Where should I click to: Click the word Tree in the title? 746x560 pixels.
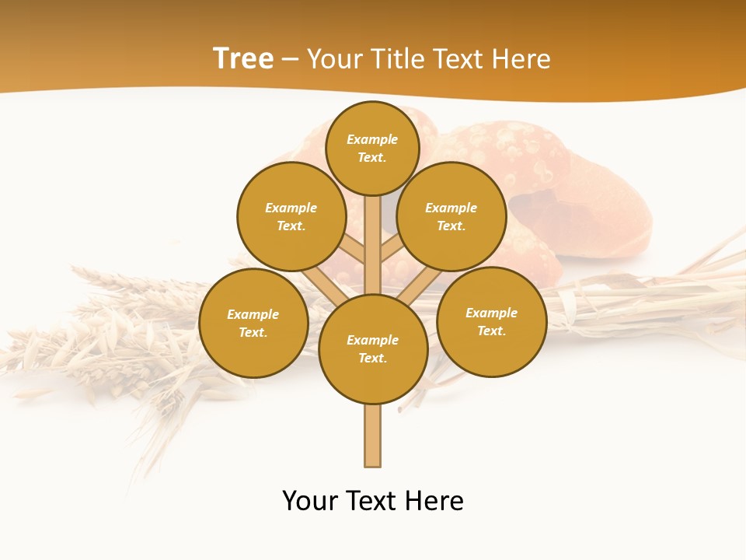pos(243,59)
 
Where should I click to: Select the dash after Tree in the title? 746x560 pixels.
pos(290,60)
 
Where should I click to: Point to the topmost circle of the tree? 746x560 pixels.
pos(372,148)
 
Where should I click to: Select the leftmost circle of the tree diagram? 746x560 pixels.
pos(253,324)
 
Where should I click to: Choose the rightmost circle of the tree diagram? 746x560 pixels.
pos(492,322)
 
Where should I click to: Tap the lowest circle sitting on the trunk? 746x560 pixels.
pos(373,349)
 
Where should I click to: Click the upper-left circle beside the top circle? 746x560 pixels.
pos(291,216)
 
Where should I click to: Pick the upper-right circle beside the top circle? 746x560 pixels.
pos(451,216)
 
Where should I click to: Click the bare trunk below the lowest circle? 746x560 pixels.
pos(373,436)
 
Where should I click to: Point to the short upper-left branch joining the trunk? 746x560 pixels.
pos(352,249)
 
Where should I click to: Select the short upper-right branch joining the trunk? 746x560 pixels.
pos(391,250)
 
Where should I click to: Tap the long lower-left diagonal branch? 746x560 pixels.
pos(325,286)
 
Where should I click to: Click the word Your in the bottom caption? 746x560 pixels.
pos(310,501)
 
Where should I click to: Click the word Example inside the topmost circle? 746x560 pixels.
pos(372,139)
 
